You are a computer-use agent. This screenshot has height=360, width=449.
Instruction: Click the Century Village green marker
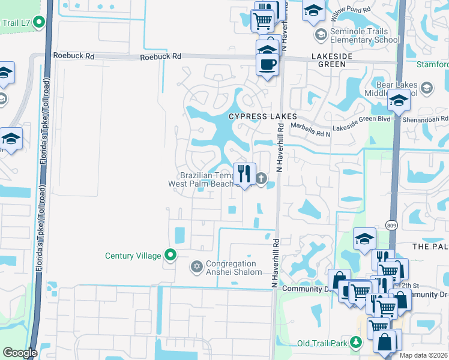coord(170,256)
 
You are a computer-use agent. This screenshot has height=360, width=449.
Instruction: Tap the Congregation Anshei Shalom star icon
coord(196,266)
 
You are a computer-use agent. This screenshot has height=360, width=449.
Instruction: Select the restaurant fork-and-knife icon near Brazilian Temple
coord(244,174)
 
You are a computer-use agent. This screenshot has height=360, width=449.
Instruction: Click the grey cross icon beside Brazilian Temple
coord(262,178)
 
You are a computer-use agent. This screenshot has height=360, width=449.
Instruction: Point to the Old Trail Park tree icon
coord(356,343)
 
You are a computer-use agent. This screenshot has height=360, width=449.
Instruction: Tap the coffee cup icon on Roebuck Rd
coord(268,64)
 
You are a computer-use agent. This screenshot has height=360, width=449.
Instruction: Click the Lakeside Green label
coord(337,55)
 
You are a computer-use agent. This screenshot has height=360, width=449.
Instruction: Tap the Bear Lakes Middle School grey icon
coord(426,88)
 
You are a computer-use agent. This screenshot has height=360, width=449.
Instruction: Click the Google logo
coord(20,353)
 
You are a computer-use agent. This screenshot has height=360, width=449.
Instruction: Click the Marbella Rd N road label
coord(310,126)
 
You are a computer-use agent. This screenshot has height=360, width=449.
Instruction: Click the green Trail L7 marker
coord(40,23)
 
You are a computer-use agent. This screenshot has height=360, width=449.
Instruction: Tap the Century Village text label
coord(133,256)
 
